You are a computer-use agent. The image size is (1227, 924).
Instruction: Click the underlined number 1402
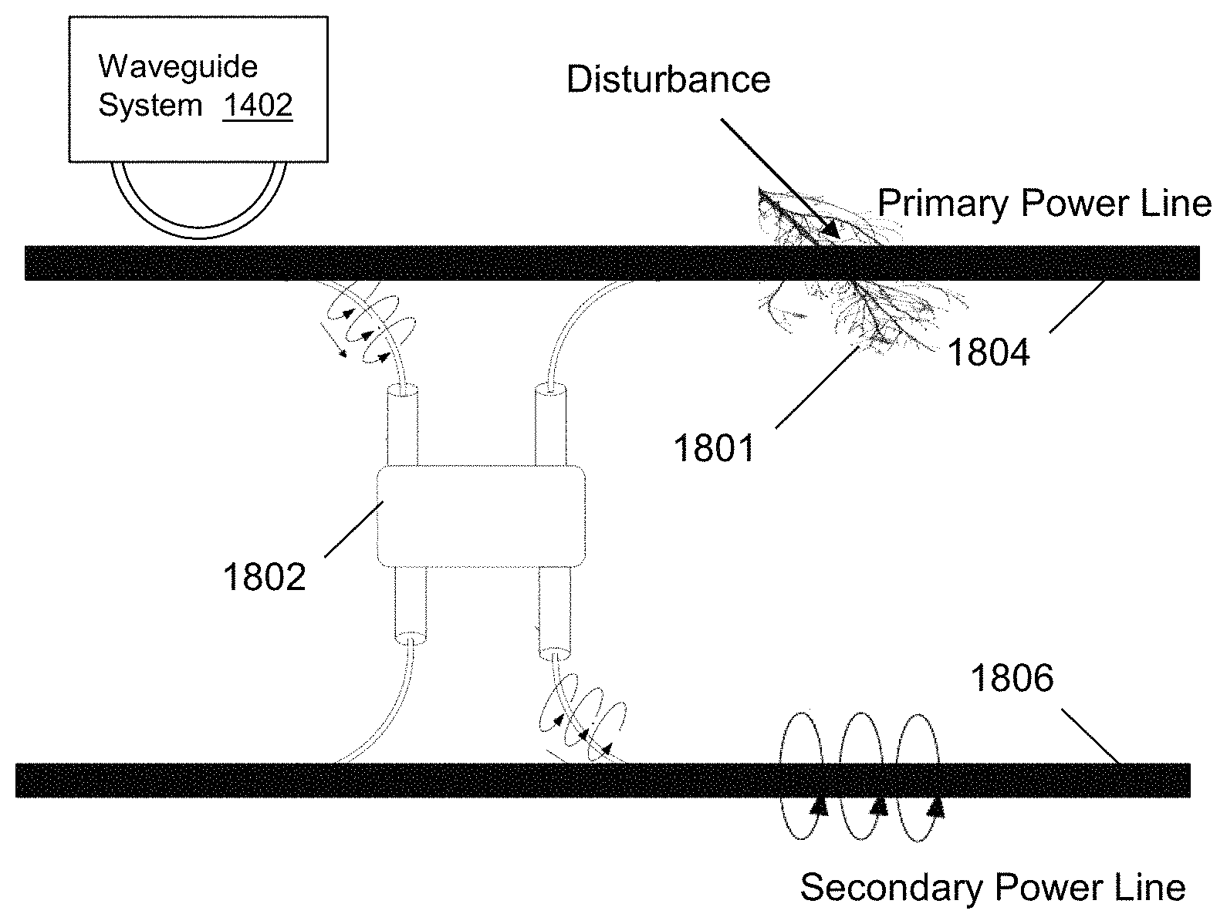[x=258, y=106]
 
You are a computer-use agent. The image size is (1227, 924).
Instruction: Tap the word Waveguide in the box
[x=177, y=67]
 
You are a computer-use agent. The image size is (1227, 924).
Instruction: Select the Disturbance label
[x=668, y=80]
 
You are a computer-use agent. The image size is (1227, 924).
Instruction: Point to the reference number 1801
[x=714, y=447]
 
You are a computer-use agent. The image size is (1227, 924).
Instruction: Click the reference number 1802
[x=264, y=576]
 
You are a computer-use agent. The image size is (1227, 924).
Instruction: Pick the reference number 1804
[x=988, y=352]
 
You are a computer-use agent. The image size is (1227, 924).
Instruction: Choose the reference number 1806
[x=1012, y=679]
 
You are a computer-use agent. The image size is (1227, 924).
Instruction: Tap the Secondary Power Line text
[x=992, y=888]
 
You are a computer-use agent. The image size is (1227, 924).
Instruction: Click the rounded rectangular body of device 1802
[x=480, y=515]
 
